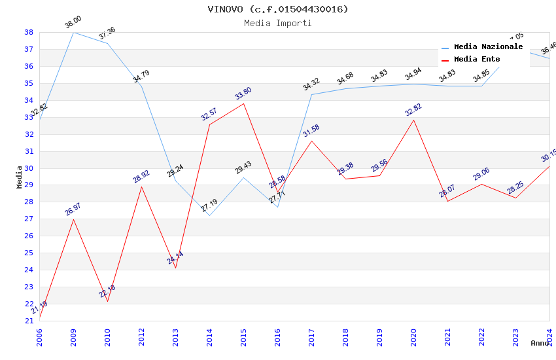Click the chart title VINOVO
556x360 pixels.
(x=278, y=9)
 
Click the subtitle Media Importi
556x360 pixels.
(x=278, y=24)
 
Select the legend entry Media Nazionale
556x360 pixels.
(x=488, y=47)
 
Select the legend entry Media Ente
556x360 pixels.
(x=477, y=60)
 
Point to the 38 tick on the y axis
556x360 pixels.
(x=29, y=32)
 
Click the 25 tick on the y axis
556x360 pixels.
(x=29, y=253)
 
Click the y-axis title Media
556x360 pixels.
(x=20, y=177)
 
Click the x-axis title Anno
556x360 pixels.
(x=540, y=343)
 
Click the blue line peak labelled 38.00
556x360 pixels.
(x=73, y=32)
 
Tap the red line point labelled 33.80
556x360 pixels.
(x=243, y=103)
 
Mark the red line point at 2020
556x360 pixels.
(x=413, y=120)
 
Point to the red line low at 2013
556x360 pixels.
(x=175, y=268)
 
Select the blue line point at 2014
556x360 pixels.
(x=209, y=215)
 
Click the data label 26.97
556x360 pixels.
(x=73, y=209)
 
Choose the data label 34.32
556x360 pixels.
(x=311, y=84)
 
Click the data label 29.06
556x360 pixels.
(x=481, y=174)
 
